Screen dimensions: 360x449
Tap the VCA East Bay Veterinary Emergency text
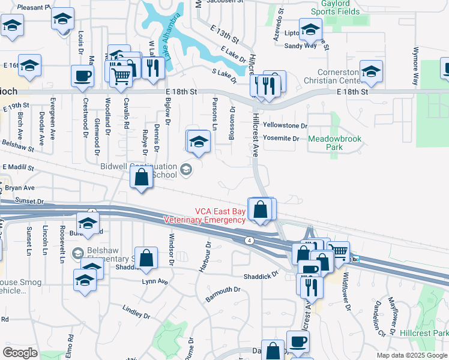pyautogui.click(x=204, y=215)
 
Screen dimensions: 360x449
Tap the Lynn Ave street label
pyautogui.click(x=154, y=281)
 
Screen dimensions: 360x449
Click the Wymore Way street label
pyautogui.click(x=414, y=65)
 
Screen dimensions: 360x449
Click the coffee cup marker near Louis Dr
pyautogui.click(x=82, y=76)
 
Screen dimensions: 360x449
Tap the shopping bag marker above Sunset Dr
pyautogui.click(x=141, y=178)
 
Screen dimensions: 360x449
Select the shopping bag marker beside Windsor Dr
pyautogui.click(x=146, y=259)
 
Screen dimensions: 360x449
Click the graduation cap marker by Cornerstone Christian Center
pyautogui.click(x=371, y=71)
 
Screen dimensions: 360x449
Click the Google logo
pyautogui.click(x=20, y=352)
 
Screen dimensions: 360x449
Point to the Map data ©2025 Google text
pyautogui.click(x=412, y=355)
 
